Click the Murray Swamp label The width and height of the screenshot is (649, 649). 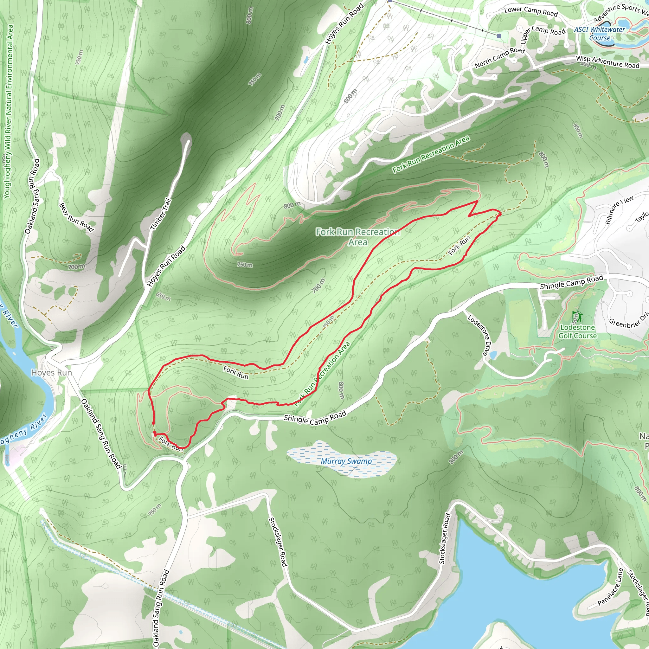346,461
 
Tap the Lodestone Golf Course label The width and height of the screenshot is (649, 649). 577,331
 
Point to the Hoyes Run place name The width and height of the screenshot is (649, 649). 51,373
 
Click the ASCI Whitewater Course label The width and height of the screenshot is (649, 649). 599,33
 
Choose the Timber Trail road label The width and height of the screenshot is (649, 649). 161,214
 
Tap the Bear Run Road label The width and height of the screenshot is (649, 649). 76,217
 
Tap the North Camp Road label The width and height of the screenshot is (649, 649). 499,57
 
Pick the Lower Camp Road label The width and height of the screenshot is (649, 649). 531,12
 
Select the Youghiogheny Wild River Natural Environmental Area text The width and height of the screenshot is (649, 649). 8,111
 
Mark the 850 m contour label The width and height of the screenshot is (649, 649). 578,130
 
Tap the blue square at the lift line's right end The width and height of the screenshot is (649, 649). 499,36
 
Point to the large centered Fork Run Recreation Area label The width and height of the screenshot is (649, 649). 357,236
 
